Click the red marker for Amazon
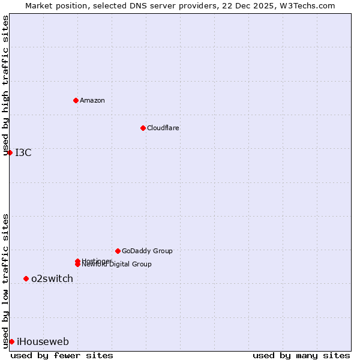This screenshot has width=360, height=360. (x=76, y=100)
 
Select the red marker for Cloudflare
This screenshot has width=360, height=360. (x=143, y=128)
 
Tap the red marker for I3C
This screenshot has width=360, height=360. (x=10, y=152)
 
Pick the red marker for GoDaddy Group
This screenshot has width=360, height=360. (x=118, y=251)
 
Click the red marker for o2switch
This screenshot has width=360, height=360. (x=26, y=278)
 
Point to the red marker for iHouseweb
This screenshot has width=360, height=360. (x=11, y=341)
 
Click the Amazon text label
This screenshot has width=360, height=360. (x=92, y=100)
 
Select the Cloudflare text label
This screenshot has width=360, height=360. (x=163, y=128)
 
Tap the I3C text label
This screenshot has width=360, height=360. (x=23, y=152)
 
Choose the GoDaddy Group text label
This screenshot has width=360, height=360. (x=147, y=251)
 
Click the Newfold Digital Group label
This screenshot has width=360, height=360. (x=117, y=265)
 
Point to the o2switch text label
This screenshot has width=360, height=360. (x=52, y=278)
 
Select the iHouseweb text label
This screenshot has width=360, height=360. (x=43, y=342)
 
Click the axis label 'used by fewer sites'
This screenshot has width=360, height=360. (x=62, y=355)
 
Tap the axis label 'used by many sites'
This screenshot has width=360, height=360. (x=301, y=355)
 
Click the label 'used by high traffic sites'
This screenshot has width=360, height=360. (x=5, y=86)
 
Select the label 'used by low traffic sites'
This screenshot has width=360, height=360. (x=5, y=281)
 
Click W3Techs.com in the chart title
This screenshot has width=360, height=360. (x=305, y=5)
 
